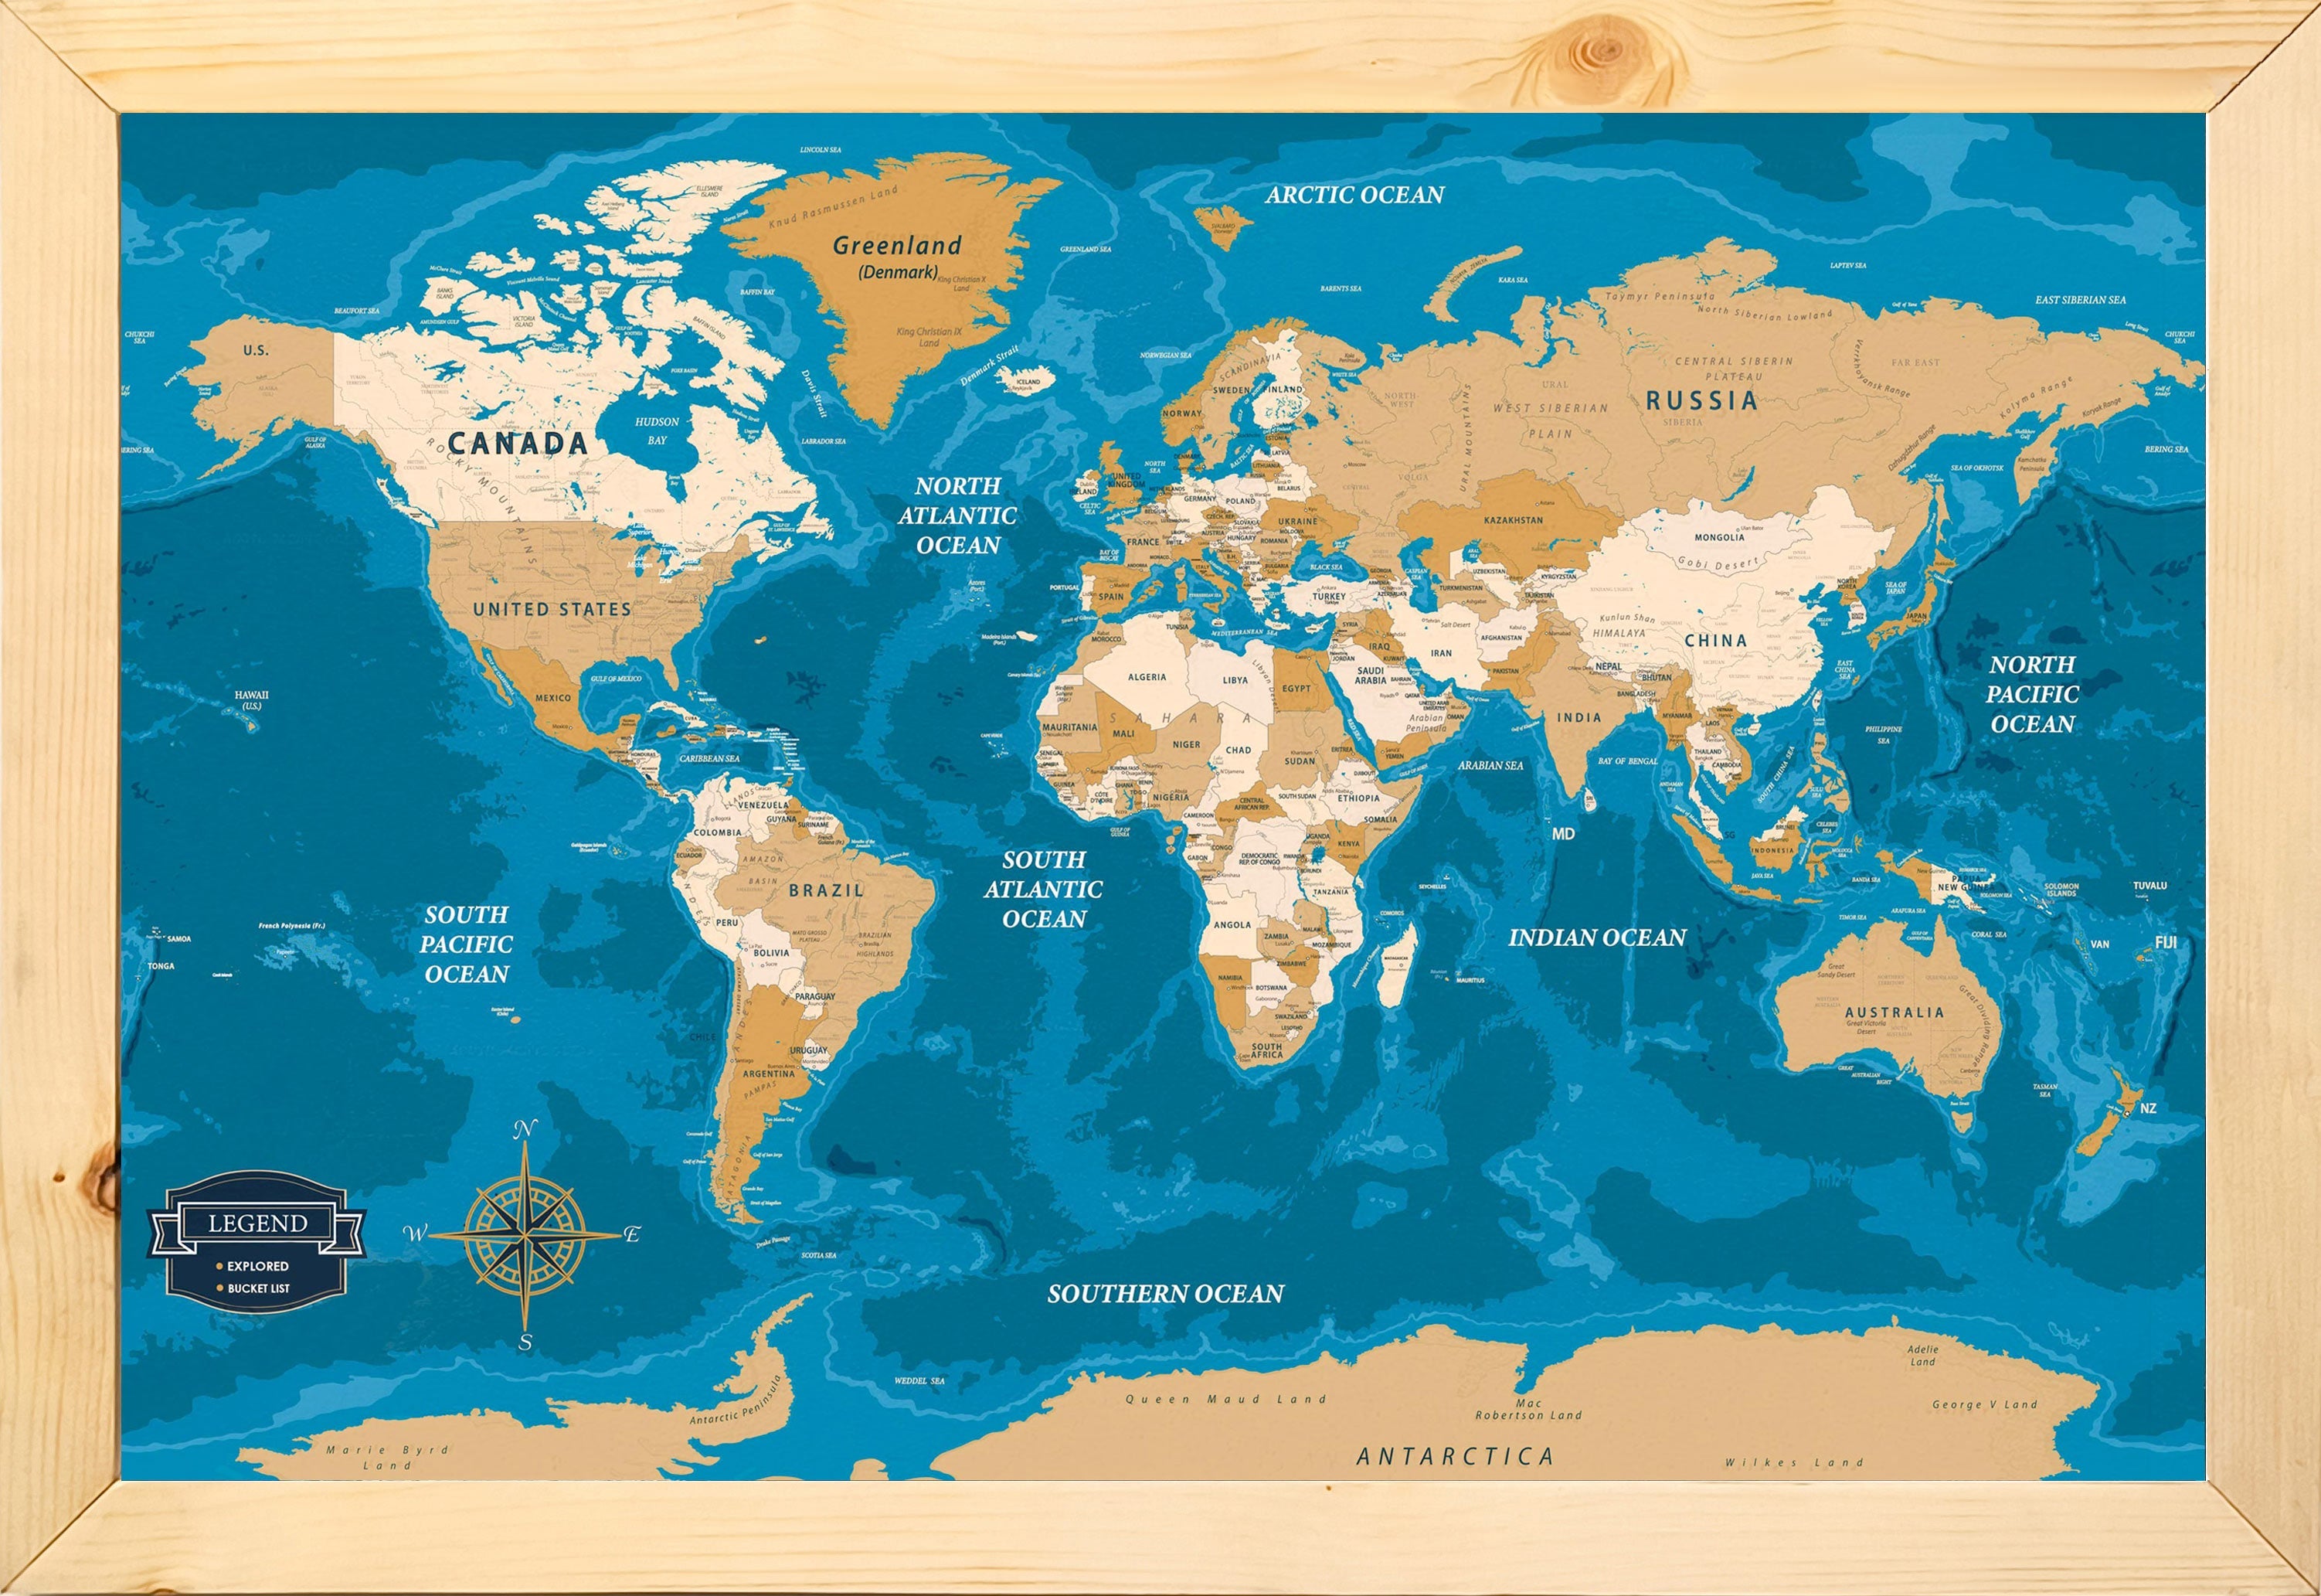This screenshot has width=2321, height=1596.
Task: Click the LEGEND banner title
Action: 257,1223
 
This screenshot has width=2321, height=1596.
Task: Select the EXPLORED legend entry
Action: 257,1266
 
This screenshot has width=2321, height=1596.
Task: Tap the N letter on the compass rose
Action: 524,1131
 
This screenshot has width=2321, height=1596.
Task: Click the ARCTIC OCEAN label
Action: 1354,195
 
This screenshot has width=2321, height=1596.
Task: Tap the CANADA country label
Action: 517,443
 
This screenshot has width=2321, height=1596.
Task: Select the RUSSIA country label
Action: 1701,401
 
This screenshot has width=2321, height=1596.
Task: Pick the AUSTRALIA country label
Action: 1895,1012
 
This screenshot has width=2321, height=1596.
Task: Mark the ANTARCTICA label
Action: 1454,1456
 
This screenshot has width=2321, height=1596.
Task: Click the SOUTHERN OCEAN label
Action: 1165,1293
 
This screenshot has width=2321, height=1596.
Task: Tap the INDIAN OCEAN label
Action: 1596,937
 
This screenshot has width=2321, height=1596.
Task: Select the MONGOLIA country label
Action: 1719,537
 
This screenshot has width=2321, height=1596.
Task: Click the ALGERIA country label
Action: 1147,677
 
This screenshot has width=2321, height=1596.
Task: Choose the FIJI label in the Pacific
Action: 2165,942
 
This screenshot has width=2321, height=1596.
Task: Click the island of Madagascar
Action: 1396,965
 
